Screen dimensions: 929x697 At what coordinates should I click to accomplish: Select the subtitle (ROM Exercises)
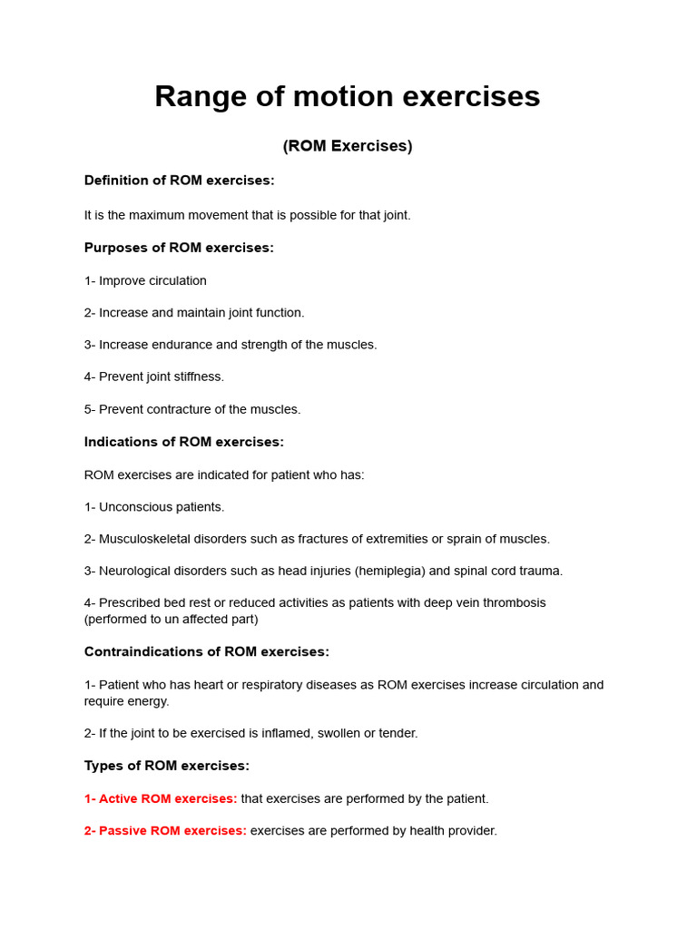pyautogui.click(x=348, y=146)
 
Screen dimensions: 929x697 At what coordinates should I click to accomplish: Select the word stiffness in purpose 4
pyautogui.click(x=196, y=376)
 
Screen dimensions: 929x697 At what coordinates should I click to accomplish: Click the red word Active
pyautogui.click(x=119, y=798)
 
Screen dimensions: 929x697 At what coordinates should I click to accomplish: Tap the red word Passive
pyautogui.click(x=123, y=830)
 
